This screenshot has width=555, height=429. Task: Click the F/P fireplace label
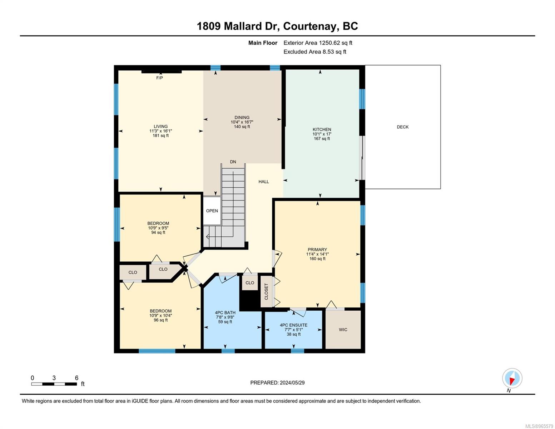[x=159, y=78]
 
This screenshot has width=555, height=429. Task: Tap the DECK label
[x=402, y=127]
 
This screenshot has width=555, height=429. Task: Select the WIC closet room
[x=343, y=330]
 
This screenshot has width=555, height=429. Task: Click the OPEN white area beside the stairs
[x=212, y=211]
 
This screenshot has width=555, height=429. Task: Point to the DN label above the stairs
[x=233, y=162]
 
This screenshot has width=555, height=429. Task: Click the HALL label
[x=264, y=182]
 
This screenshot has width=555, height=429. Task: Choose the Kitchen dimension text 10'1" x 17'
[x=322, y=134]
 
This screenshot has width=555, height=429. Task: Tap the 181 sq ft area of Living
[x=161, y=135]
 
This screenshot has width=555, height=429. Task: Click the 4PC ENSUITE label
[x=293, y=325]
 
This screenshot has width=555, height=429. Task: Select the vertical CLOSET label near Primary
[x=266, y=291]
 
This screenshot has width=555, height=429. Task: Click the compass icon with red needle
[x=512, y=378]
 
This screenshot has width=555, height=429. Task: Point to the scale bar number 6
[x=76, y=378]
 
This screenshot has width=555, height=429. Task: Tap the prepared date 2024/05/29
[x=292, y=383]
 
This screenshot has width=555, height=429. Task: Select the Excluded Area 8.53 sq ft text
[x=314, y=51]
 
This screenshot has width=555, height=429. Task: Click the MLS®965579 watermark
[x=539, y=426]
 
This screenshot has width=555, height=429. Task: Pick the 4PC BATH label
[x=225, y=312]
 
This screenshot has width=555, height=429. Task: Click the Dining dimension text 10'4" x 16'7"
[x=242, y=122]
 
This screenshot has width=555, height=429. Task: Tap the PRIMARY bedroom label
[x=317, y=250]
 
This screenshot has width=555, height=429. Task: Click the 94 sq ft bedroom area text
[x=158, y=232]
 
